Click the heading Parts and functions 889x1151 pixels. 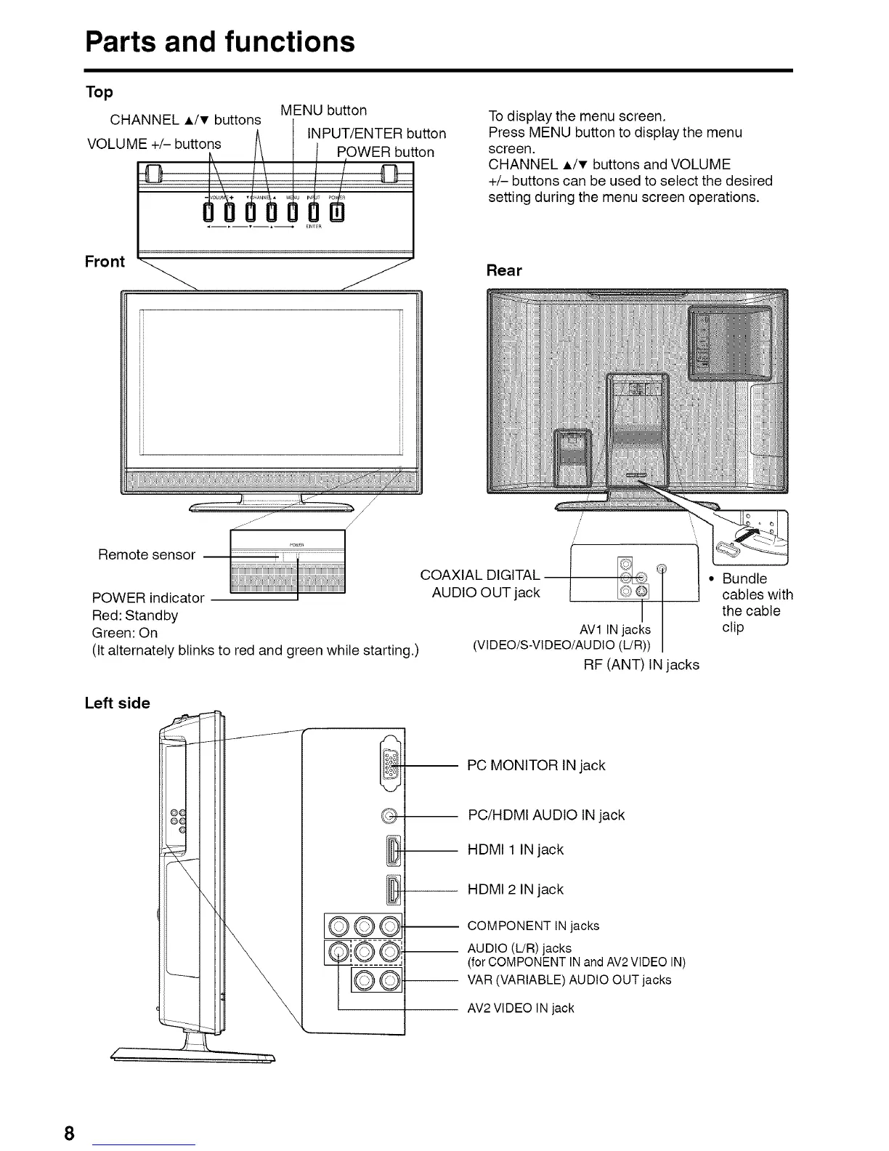coord(220,41)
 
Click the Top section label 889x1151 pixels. coord(99,92)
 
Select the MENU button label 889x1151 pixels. coord(323,110)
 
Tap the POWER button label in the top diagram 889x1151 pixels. coord(386,152)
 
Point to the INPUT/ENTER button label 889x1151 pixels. coord(376,134)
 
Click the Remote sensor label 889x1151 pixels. coord(147,555)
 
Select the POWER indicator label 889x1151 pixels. coord(148,598)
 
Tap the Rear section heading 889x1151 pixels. coord(504,270)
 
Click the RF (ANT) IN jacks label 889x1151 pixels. coord(641,664)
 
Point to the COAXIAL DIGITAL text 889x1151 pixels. coord(480,575)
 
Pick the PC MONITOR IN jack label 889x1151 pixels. coord(536,765)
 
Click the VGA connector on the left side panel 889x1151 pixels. coord(389,764)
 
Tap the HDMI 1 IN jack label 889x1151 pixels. coord(516,849)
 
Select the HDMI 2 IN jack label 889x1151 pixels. coord(516,889)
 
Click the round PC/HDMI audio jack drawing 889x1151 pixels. coord(389,815)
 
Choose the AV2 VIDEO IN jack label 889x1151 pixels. coord(521,1008)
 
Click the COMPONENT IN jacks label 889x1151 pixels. coord(533,926)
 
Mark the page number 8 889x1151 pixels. coord(69,1134)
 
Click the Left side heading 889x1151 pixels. coord(117,703)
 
